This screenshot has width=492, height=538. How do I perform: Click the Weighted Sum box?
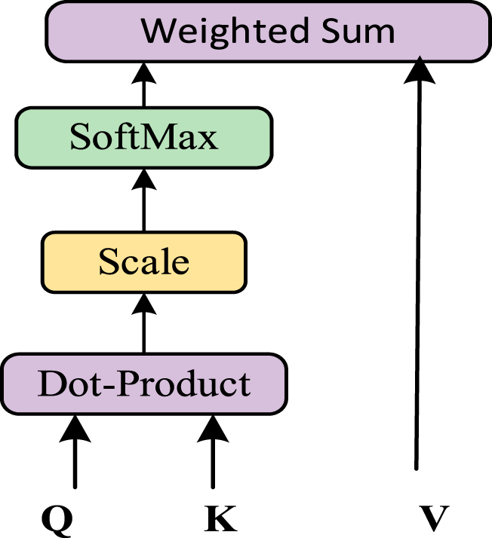coord(268,32)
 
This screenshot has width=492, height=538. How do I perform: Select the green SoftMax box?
coord(144,138)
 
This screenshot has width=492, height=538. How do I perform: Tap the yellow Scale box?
coord(144,262)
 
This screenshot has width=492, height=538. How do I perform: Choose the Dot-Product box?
coord(144,384)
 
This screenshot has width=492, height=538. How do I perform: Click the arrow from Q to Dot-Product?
coord(75,451)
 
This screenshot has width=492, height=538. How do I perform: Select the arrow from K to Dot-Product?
coord(213,451)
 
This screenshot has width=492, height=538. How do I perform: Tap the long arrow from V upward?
coord(418,263)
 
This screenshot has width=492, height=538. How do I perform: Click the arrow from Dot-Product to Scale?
coord(144,323)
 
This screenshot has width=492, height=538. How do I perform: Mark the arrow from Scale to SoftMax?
coord(144,200)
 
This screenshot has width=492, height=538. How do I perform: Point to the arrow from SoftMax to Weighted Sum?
coord(144,84)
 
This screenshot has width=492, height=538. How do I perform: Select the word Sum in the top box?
coord(358,31)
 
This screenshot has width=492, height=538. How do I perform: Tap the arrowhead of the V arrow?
coord(420,69)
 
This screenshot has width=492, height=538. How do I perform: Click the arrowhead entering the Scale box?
coord(144,304)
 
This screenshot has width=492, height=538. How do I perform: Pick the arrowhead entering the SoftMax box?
coord(144,179)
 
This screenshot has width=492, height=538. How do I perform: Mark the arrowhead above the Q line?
coord(75,429)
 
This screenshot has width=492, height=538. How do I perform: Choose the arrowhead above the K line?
coord(213,429)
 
